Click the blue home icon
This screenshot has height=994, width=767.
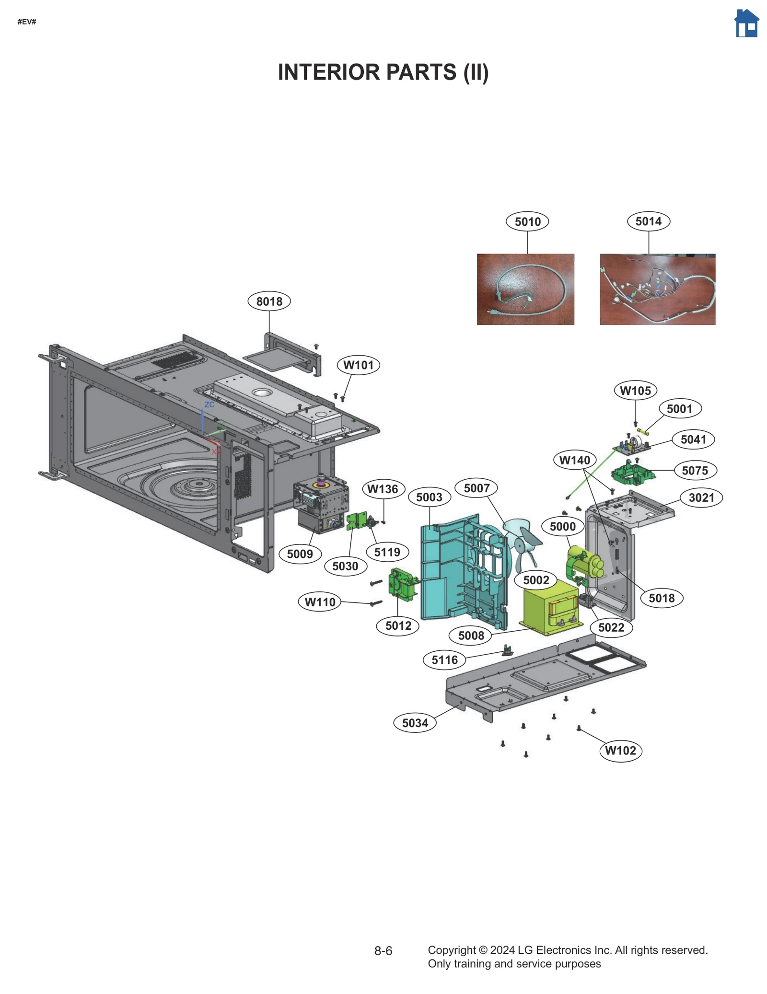(746, 23)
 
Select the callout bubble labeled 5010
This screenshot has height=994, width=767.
(527, 221)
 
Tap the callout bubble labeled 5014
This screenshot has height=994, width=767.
(648, 221)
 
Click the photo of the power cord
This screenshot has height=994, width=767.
(525, 289)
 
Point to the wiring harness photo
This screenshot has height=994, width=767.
(657, 289)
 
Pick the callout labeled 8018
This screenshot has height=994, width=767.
(269, 301)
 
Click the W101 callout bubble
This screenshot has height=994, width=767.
(358, 365)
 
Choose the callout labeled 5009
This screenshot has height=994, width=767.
(300, 554)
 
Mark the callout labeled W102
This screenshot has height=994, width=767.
(620, 751)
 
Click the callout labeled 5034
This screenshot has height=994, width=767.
(415, 723)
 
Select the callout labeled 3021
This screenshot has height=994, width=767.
(701, 497)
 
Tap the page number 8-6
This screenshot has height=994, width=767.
(383, 951)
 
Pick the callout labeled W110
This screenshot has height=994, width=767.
(320, 602)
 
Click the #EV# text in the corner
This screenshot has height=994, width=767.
(27, 22)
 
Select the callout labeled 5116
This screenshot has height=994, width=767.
(444, 660)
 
